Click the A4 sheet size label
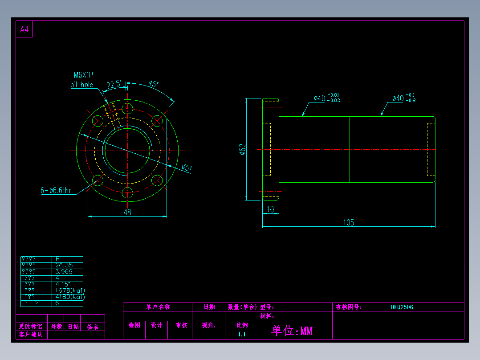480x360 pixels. [x=24, y=30]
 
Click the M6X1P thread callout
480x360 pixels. [x=84, y=75]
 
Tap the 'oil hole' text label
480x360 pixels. [x=82, y=85]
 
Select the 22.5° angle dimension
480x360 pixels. [x=114, y=84]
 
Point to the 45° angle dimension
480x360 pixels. [x=153, y=84]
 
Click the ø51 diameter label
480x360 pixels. [x=187, y=168]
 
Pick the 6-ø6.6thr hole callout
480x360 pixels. [x=56, y=191]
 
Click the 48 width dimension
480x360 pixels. [x=127, y=213]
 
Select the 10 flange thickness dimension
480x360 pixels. [x=270, y=209]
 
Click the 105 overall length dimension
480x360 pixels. [x=349, y=222]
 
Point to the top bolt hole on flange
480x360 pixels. [x=127, y=109]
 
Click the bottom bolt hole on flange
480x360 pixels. [x=127, y=193]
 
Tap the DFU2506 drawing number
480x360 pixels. [x=402, y=307]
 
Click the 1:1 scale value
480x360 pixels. [x=242, y=334]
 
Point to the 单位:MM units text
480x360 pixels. [x=292, y=331]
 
